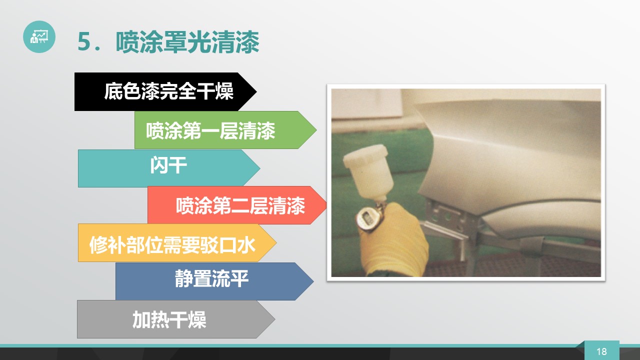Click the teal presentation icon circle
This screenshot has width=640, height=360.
coord(39,36)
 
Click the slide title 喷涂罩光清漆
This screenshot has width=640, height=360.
coord(187,42)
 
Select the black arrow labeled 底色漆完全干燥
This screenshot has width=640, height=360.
coord(165,91)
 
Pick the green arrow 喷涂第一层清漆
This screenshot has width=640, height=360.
coord(225,130)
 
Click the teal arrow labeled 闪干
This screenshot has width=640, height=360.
coord(169,168)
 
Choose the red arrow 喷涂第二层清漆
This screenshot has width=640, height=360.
coord(237,205)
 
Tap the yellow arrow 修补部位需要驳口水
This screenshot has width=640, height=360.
coord(177,242)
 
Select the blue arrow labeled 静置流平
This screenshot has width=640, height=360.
coord(214,281)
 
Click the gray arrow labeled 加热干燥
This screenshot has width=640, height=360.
coord(176,319)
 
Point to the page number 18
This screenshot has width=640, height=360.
coord(601,351)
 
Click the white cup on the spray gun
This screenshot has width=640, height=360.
coord(368,171)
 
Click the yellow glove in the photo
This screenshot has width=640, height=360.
coord(394,240)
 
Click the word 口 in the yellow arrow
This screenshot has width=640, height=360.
coord(227,245)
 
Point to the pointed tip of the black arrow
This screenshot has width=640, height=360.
coord(256,91)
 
